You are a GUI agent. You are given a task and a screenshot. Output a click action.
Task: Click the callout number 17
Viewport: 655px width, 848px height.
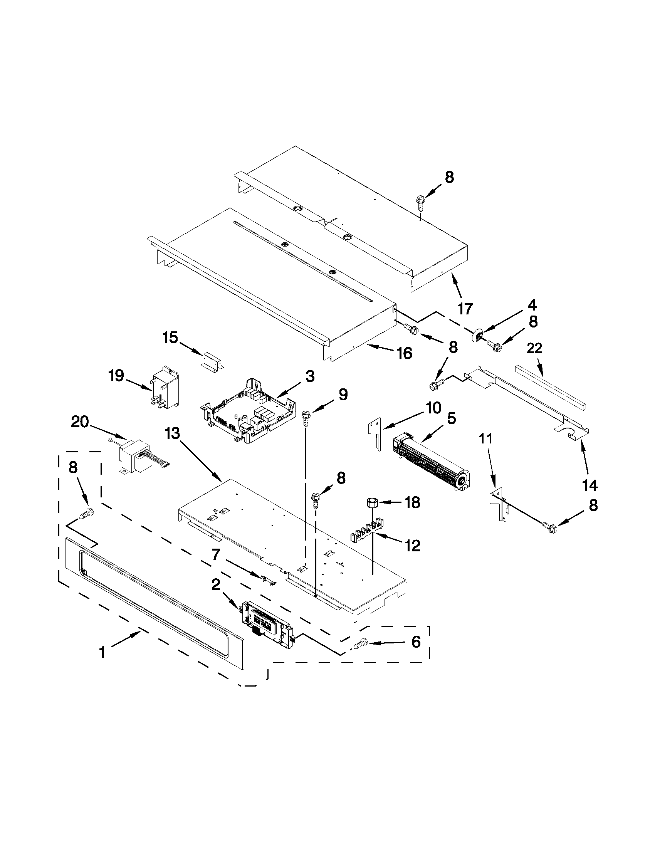[465, 309]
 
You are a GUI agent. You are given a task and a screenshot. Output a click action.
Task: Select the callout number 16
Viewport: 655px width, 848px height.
[404, 353]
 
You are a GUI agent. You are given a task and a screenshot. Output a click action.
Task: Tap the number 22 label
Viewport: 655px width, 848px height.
[534, 348]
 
